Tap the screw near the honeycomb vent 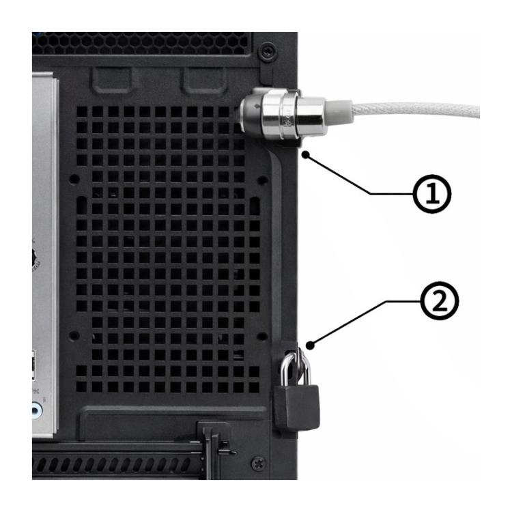tap(268, 50)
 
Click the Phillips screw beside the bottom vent tap(258, 464)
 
